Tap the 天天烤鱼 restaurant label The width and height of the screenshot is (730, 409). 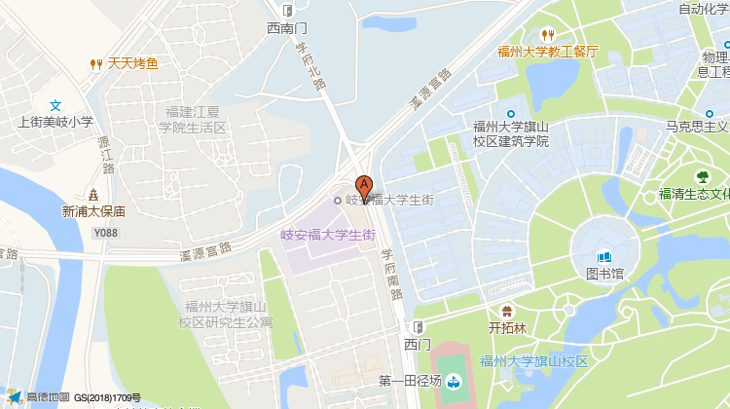pos(132,64)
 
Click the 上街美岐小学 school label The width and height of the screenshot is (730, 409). pos(56,122)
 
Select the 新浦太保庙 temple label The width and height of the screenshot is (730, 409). pos(93,210)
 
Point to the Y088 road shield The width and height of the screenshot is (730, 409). pos(106,233)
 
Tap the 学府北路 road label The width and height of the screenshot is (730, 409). pos(310,65)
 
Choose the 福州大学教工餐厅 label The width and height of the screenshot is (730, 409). pos(547,52)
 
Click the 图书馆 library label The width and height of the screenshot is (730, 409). pos(604,274)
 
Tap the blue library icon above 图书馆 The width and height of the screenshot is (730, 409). pos(604,257)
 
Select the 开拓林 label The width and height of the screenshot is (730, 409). pos(506,328)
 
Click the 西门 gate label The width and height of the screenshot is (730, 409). pos(418,344)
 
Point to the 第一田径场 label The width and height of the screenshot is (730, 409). pos(410,381)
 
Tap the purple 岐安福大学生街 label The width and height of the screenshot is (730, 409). pos(328,234)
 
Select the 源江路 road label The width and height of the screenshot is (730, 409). pos(105,154)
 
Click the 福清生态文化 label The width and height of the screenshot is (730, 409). pos(694,193)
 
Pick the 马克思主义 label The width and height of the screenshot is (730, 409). pos(697,126)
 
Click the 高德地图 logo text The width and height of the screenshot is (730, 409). pos(48,397)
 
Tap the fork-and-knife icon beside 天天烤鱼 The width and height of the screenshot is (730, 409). pos(95,64)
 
